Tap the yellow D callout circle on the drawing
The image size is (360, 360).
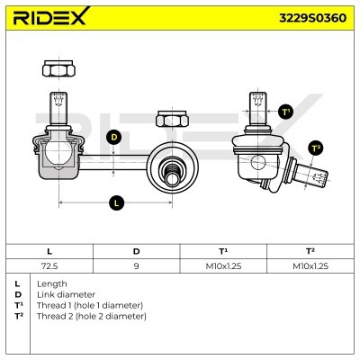coord(113,137)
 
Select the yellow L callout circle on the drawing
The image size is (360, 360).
coord(116,203)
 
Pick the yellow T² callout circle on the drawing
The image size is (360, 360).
coord(315,148)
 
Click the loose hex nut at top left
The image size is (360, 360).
coord(52,67)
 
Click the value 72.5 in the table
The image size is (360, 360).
coord(49,266)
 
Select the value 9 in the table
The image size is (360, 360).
coord(137,266)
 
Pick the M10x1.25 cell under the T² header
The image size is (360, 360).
coord(310,266)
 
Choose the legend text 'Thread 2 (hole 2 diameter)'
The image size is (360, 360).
coord(91,316)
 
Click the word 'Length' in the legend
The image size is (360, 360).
coord(52,283)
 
